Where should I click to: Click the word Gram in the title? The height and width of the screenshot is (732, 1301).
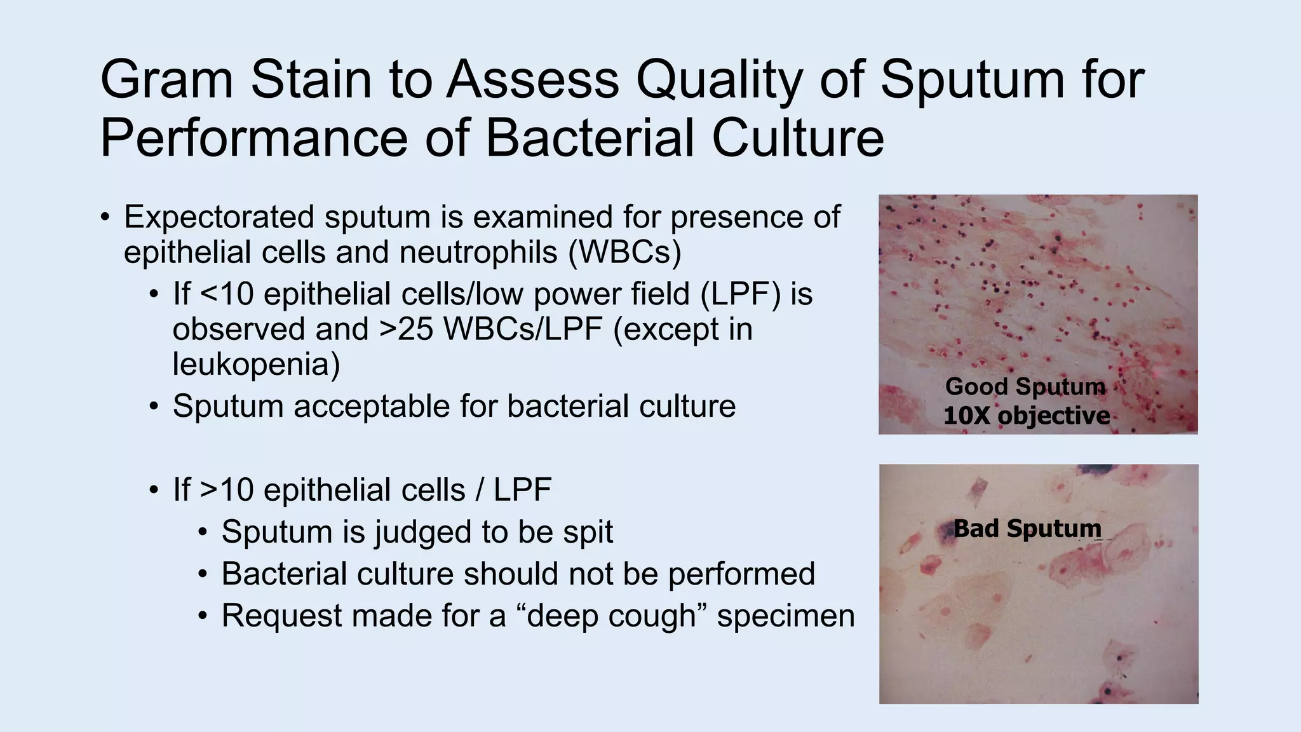166,80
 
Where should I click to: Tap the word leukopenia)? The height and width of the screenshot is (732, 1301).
256,365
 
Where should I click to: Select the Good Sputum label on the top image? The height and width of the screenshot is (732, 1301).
1025,386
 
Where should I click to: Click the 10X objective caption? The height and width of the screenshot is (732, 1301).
1026,416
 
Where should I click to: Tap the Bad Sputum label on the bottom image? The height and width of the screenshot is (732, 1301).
1027,528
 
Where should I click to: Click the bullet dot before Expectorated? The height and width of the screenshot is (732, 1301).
105,218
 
